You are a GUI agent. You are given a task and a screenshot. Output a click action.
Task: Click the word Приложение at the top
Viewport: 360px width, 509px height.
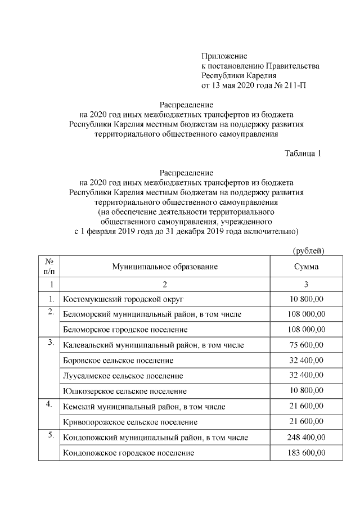click(x=224, y=56)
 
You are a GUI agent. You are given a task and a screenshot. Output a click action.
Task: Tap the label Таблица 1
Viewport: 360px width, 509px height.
click(x=303, y=154)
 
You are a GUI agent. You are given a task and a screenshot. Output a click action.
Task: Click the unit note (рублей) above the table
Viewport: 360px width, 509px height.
click(x=309, y=250)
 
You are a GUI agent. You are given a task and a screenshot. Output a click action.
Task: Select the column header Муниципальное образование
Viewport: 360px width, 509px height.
click(x=165, y=267)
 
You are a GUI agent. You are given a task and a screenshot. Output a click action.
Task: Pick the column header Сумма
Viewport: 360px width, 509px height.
click(x=305, y=267)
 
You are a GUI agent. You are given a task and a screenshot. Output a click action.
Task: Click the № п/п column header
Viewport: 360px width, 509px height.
click(x=49, y=267)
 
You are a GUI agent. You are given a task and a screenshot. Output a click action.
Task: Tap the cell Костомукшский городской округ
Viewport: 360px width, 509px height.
click(x=124, y=298)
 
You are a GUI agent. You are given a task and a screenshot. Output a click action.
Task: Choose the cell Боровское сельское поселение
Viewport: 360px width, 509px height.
click(x=119, y=360)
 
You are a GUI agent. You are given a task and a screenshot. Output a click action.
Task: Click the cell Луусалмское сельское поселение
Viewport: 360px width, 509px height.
click(x=123, y=375)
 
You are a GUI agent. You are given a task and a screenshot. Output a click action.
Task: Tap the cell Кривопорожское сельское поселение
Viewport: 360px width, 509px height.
click(x=130, y=421)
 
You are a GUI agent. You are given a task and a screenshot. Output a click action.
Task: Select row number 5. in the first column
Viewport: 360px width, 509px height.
click(x=51, y=435)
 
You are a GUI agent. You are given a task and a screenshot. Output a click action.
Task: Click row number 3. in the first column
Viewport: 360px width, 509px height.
click(x=51, y=343)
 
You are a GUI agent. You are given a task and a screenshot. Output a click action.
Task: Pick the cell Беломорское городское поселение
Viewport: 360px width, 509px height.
click(x=125, y=329)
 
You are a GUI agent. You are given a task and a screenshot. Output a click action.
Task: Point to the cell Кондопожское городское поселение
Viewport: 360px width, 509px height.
click(x=129, y=452)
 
